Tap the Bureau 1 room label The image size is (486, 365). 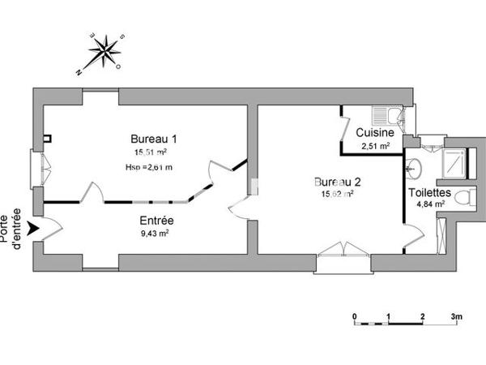[x=154, y=138]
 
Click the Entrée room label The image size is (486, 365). [x=157, y=220]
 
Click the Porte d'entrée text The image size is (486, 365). [x=13, y=225]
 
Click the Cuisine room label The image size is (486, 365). [x=376, y=132]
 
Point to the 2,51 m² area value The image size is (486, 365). [x=376, y=146]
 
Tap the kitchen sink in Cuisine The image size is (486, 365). [x=384, y=114]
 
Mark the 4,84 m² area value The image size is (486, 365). [x=428, y=204]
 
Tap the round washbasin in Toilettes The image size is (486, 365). [x=414, y=169]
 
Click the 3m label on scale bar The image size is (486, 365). [x=456, y=315]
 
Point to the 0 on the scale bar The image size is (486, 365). [x=354, y=315]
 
